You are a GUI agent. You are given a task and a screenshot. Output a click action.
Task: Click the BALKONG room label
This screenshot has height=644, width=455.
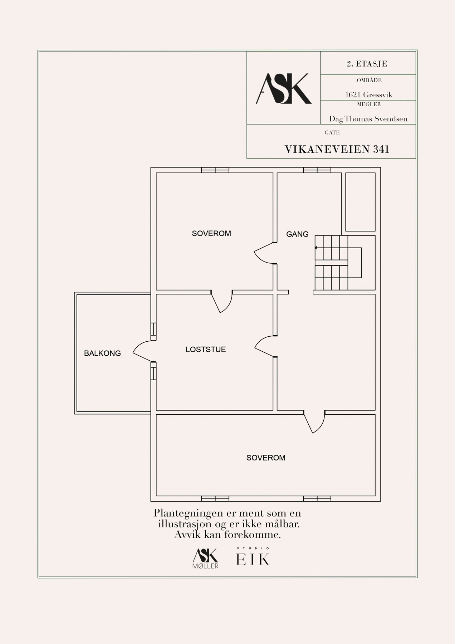pyautogui.click(x=102, y=353)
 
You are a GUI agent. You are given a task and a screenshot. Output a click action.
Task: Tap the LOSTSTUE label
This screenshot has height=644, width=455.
pyautogui.click(x=206, y=350)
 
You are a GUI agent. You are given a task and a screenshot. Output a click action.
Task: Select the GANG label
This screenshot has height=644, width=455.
pyautogui.click(x=297, y=234)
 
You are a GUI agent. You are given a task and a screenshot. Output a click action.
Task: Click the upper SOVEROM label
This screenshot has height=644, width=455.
pyautogui.click(x=211, y=234)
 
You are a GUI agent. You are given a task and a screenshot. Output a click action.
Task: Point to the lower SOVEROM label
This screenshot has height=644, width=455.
pyautogui.click(x=266, y=458)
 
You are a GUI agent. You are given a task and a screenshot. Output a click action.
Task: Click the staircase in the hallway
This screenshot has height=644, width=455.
pyautogui.click(x=338, y=263)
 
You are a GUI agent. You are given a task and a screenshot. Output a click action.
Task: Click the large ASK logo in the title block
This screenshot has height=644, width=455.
pyautogui.click(x=284, y=89)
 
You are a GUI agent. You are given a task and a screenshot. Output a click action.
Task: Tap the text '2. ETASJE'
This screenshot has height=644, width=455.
pyautogui.click(x=367, y=64)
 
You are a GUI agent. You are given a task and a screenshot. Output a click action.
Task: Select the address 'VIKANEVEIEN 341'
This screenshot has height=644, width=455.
pyautogui.click(x=337, y=150)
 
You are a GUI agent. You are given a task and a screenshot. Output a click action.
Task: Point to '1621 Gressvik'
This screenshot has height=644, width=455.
pyautogui.click(x=369, y=95)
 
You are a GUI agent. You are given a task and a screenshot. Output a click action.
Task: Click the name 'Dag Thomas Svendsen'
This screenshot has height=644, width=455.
pyautogui.click(x=368, y=119)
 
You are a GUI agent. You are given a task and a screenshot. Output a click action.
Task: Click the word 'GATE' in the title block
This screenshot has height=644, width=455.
pyautogui.click(x=332, y=133)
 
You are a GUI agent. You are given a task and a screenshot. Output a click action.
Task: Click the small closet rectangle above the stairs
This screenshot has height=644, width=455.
pyautogui.click(x=361, y=202)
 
